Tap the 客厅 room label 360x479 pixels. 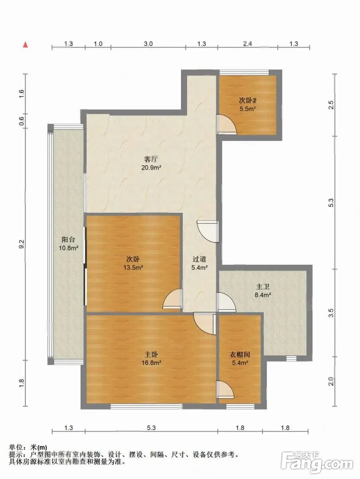151,159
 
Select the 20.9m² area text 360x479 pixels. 151,168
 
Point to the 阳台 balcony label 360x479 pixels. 68,239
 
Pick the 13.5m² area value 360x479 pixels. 133,267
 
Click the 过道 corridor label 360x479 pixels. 199,259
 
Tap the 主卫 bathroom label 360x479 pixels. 263,287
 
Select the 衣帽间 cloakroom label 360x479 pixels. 239,354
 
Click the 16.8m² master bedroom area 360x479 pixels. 151,363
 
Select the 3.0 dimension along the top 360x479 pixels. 148,44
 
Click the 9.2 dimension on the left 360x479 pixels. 22,244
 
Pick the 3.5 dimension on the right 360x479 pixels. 331,313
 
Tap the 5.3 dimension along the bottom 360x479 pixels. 151,428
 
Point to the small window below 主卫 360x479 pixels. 291,358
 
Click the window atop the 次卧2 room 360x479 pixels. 244,73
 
